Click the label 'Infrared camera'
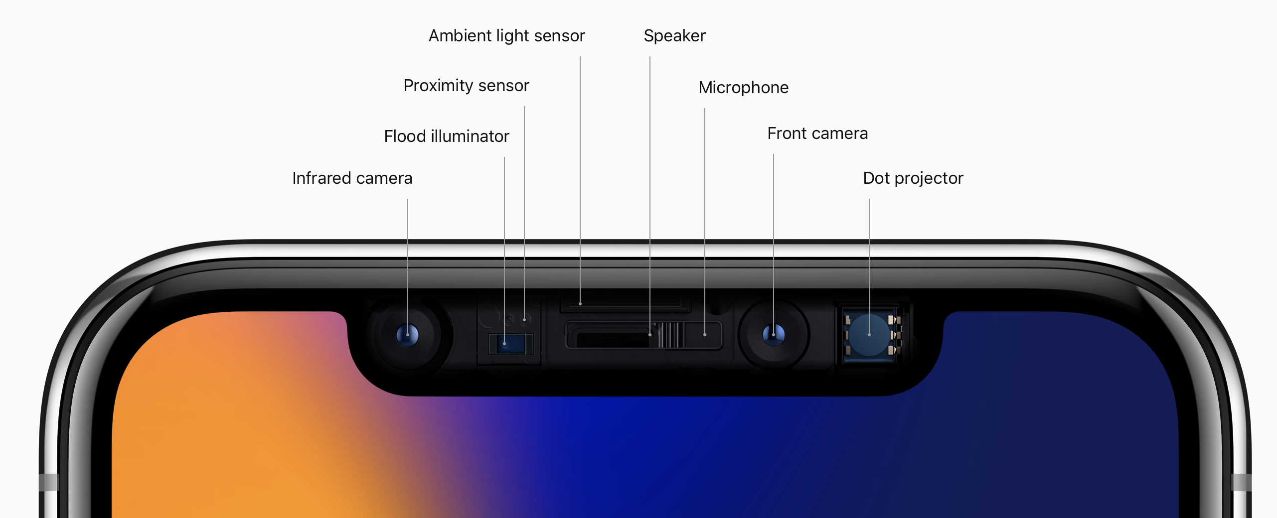pos(352,178)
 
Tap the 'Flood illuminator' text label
pos(446,136)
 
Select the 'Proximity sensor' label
pos(466,86)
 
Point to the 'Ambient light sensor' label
pos(506,36)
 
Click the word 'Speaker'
pos(674,36)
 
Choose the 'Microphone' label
pos(743,88)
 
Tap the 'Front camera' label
pos(817,133)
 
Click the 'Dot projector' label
pos(913,178)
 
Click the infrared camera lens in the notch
pos(408,334)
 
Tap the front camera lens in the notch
pos(774,334)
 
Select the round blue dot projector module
pos(869,335)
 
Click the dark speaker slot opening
pos(613,340)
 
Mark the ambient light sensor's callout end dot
pos(580,303)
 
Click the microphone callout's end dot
pos(705,334)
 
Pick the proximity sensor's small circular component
pos(524,319)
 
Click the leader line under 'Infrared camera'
pos(408,249)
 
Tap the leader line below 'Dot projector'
pos(869,249)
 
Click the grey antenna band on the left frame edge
pos(49,482)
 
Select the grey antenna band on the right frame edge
pos(1241,482)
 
